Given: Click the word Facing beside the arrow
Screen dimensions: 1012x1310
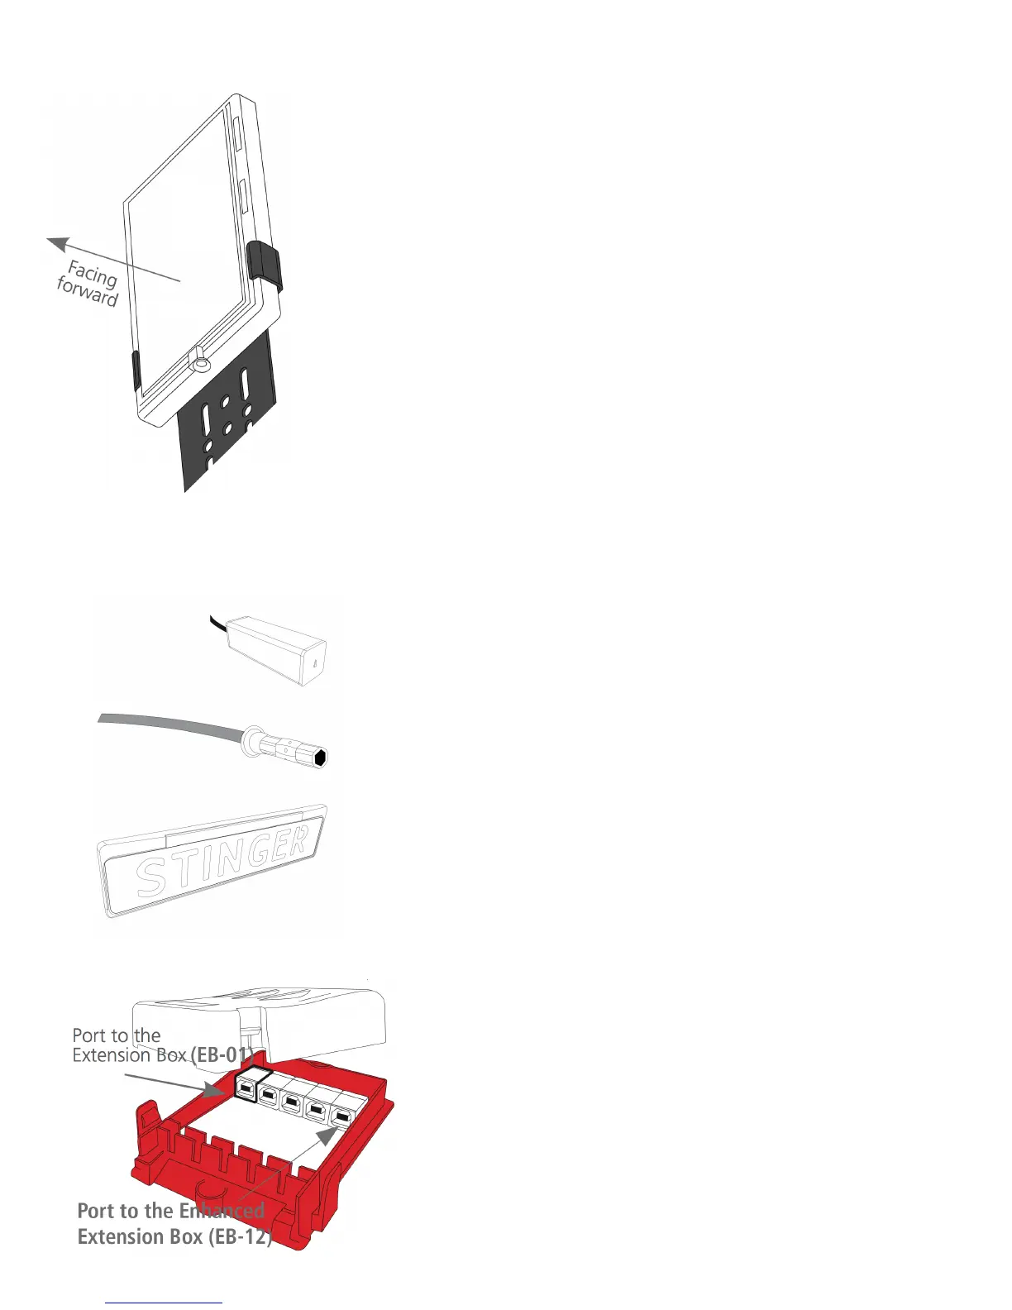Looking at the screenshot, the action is tap(93, 274).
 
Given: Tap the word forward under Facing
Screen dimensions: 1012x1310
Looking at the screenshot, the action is tap(88, 291).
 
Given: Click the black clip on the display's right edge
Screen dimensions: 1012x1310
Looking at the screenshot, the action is tap(264, 262).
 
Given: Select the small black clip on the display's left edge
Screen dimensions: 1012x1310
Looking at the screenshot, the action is tap(136, 370).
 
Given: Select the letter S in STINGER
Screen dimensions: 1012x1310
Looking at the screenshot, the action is tap(154, 878).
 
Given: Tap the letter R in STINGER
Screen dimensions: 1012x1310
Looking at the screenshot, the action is tap(298, 841).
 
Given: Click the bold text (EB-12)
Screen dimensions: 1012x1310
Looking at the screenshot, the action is tap(241, 1236).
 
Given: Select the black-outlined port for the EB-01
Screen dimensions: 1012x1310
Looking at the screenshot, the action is tap(247, 1089).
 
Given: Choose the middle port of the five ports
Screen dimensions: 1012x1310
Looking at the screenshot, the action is tap(291, 1102).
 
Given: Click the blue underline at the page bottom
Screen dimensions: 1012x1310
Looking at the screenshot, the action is tap(165, 1303).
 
